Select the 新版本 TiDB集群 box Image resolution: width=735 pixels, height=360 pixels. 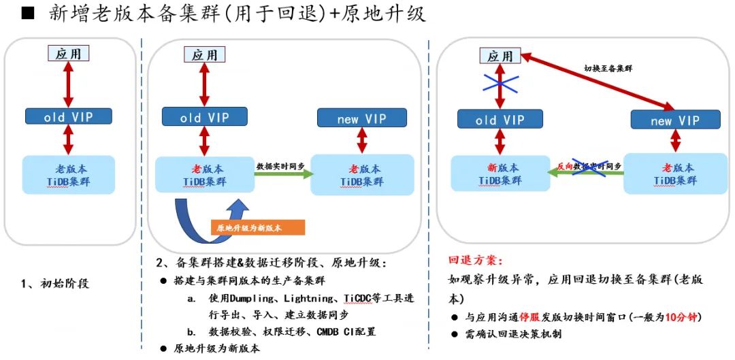tap(500, 174)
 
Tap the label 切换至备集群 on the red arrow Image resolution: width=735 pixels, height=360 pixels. tap(608, 68)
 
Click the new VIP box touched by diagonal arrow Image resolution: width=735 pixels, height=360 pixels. tap(674, 120)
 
